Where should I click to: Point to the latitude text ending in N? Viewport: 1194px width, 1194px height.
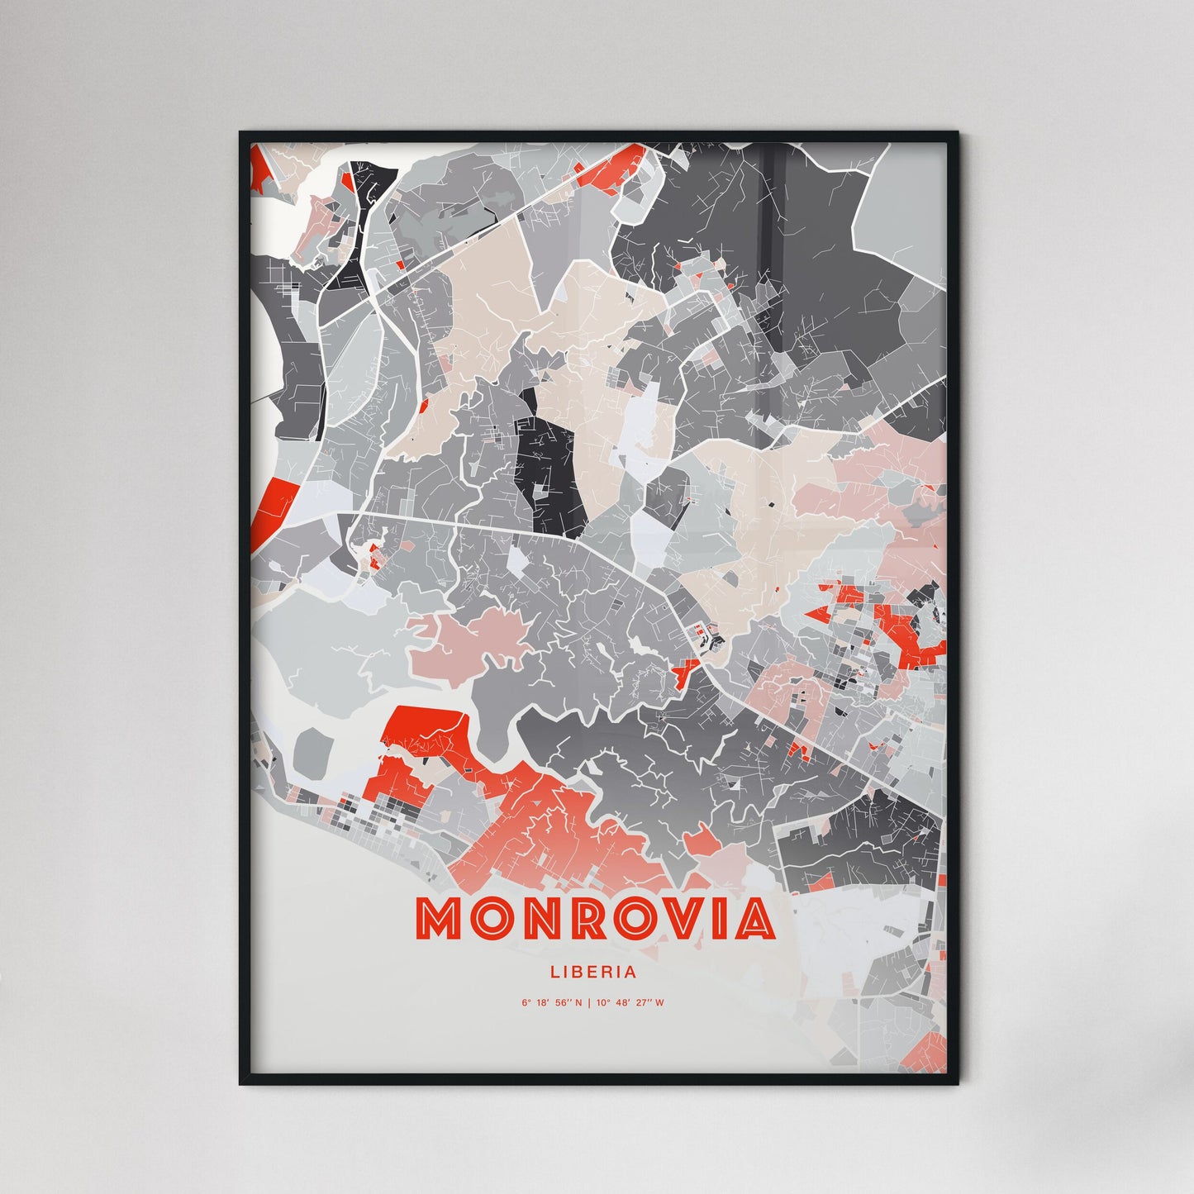pyautogui.click(x=552, y=1003)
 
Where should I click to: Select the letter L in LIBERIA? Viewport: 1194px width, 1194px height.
pyautogui.click(x=554, y=973)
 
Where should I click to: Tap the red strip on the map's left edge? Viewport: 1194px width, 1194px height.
pyautogui.click(x=269, y=508)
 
